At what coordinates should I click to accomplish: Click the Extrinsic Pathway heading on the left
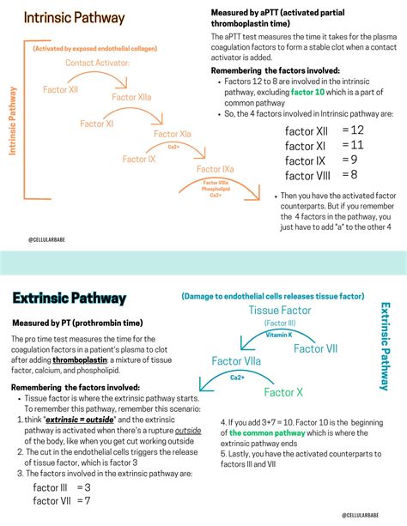pos(70,299)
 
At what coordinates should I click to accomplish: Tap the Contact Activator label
pos(97,63)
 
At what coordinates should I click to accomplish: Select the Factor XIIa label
pos(131,98)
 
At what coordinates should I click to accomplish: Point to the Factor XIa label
pos(173,134)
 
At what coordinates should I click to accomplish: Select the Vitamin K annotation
pos(278,335)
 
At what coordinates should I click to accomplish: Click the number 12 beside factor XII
pos(357,130)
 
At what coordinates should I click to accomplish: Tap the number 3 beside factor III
pos(88,487)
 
